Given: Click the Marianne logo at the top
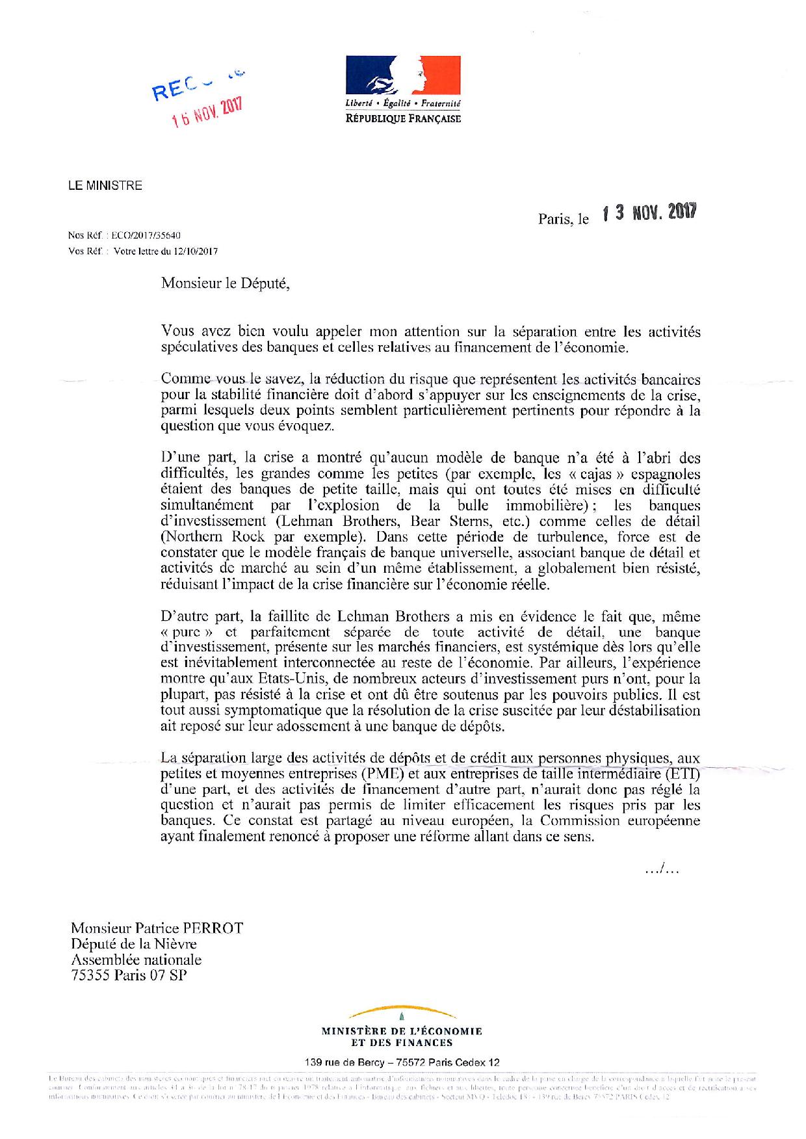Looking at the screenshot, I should [x=403, y=77].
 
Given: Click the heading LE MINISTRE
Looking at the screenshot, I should [x=105, y=186].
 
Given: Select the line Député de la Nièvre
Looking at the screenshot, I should [x=134, y=944].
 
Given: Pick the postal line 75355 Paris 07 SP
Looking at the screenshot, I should [x=129, y=975].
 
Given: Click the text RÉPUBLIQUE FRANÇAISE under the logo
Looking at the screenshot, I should [x=403, y=118].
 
